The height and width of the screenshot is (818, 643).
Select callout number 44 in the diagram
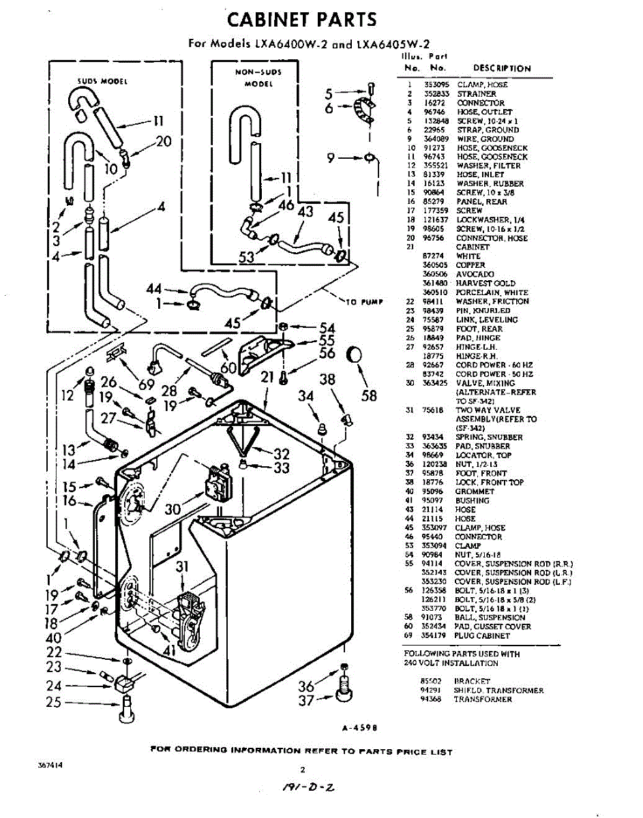[x=155, y=290]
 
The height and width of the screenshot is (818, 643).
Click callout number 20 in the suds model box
[x=164, y=142]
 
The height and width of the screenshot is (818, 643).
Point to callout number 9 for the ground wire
[x=330, y=159]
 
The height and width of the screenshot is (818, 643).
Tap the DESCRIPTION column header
[x=501, y=68]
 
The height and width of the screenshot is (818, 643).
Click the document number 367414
[x=50, y=765]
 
